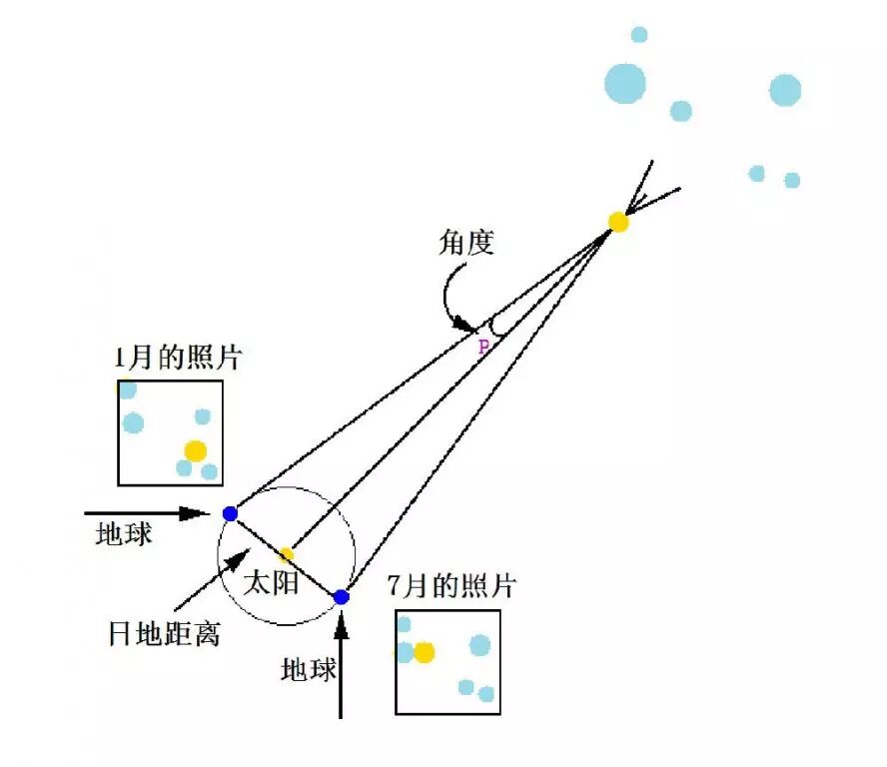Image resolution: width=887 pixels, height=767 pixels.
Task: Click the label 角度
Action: point(466,243)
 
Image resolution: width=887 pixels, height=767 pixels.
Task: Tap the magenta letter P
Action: point(483,347)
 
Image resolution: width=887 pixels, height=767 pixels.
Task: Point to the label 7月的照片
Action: point(451,586)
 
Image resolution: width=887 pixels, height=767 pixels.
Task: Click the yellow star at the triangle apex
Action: point(618,222)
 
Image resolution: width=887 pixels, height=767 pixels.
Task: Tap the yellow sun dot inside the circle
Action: point(287,554)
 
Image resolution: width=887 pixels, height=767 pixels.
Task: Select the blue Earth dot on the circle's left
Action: point(230,513)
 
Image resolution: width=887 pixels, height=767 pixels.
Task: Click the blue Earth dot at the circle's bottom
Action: point(341,596)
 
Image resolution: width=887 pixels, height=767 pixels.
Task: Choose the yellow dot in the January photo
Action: point(196,450)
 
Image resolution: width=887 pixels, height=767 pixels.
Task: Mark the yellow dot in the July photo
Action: point(425,652)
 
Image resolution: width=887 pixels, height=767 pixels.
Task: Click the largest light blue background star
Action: point(625,83)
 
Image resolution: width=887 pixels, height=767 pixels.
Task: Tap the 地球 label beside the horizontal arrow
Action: point(124,533)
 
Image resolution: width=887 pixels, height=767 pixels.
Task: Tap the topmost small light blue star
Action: point(639,35)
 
